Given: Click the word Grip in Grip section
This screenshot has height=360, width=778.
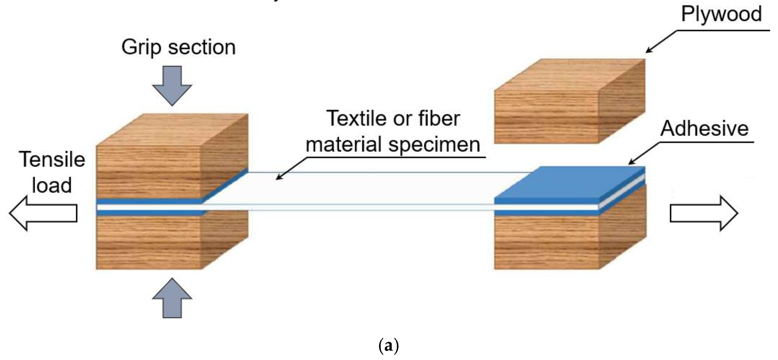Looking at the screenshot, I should [x=141, y=48].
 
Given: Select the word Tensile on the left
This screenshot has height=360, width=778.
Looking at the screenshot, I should [x=52, y=159].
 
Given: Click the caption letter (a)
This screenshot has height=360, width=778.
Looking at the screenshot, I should [x=389, y=346].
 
